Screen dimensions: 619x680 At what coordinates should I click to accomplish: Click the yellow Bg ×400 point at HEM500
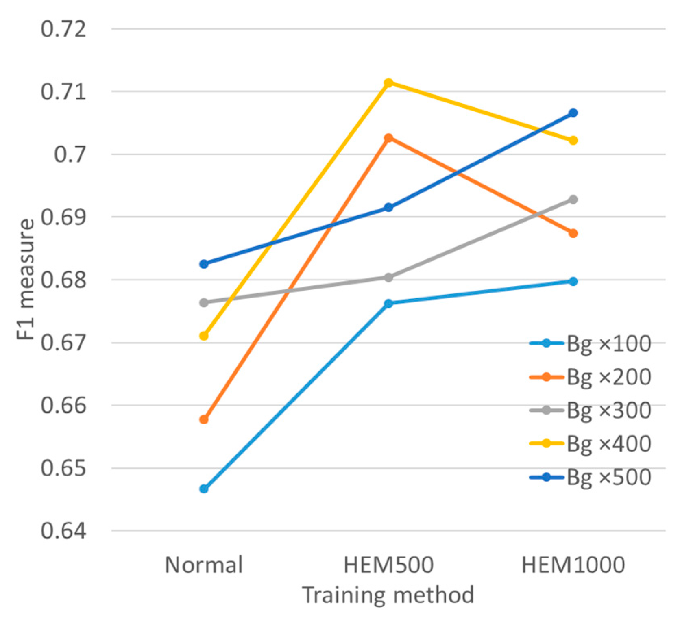pyautogui.click(x=388, y=83)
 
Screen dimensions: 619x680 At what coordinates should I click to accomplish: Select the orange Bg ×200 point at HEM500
pyautogui.click(x=388, y=138)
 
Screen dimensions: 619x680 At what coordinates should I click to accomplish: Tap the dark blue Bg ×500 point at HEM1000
pyautogui.click(x=573, y=113)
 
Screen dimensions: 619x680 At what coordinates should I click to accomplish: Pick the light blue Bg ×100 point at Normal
pyautogui.click(x=204, y=489)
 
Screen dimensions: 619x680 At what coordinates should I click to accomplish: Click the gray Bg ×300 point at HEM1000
pyautogui.click(x=573, y=200)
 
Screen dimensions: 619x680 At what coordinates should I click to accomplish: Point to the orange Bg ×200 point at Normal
pyautogui.click(x=204, y=419)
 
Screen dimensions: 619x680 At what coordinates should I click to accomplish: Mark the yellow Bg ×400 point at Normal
pyautogui.click(x=204, y=336)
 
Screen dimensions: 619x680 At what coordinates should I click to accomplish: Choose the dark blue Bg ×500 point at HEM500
pyautogui.click(x=388, y=208)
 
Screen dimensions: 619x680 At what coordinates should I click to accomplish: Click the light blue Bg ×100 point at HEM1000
pyautogui.click(x=573, y=281)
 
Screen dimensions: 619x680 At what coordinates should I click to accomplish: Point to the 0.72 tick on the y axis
pyautogui.click(x=64, y=29)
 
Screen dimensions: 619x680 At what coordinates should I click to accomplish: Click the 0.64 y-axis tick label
pyautogui.click(x=64, y=531)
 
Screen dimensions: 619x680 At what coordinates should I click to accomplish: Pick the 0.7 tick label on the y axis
pyautogui.click(x=70, y=154)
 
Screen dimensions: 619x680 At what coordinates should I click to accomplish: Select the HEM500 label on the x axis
pyautogui.click(x=388, y=565)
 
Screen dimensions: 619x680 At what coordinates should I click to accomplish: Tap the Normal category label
pyautogui.click(x=204, y=565)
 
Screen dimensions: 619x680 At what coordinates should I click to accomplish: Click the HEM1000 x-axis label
pyautogui.click(x=573, y=565)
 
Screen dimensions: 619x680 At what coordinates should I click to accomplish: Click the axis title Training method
pyautogui.click(x=388, y=595)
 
